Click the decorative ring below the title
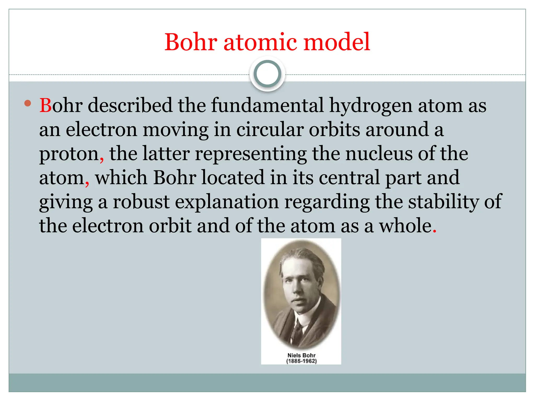coord(267,74)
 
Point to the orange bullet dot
coord(27,103)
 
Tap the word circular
coord(270,129)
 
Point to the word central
coord(349,178)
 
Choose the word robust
coord(141,202)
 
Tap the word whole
coord(405,226)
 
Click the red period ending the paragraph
coord(434,231)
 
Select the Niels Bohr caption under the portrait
coord(301,355)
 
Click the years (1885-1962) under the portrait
coord(301,361)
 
